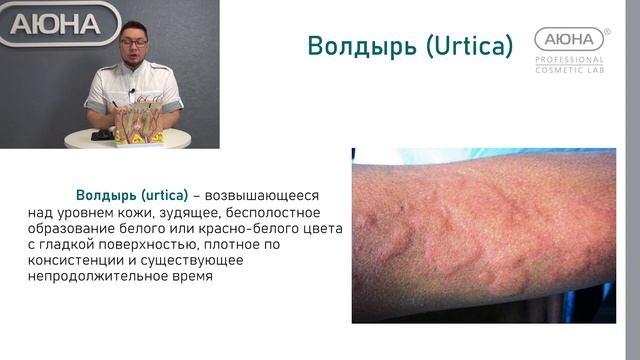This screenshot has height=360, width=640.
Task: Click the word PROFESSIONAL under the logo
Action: (569, 59)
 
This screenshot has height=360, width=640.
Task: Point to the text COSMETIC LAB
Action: (569, 69)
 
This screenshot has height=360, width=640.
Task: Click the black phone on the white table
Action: (102, 135)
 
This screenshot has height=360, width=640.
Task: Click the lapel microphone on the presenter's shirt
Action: (131, 92)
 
